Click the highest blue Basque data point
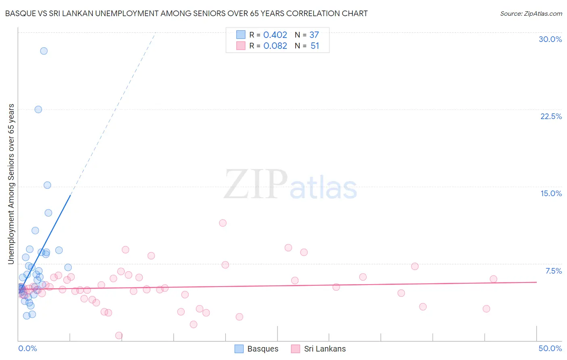pyautogui.click(x=44, y=51)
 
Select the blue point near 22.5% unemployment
pyautogui.click(x=38, y=109)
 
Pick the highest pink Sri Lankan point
pyautogui.click(x=223, y=223)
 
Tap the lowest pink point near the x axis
pyautogui.click(x=119, y=335)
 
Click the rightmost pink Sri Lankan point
pyautogui.click(x=493, y=279)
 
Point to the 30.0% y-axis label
pyautogui.click(x=550, y=39)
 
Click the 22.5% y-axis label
pyautogui.click(x=551, y=116)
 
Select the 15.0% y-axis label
pyautogui.click(x=551, y=193)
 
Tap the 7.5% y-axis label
pyautogui.click(x=553, y=271)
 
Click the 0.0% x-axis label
pyautogui.click(x=27, y=348)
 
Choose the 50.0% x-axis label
pyautogui.click(x=550, y=348)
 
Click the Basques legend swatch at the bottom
pyautogui.click(x=239, y=349)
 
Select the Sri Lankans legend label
pyautogui.click(x=325, y=349)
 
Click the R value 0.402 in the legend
pyautogui.click(x=275, y=35)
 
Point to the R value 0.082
pyautogui.click(x=275, y=46)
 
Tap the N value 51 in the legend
pyautogui.click(x=315, y=46)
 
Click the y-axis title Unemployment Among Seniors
pyautogui.click(x=11, y=184)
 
